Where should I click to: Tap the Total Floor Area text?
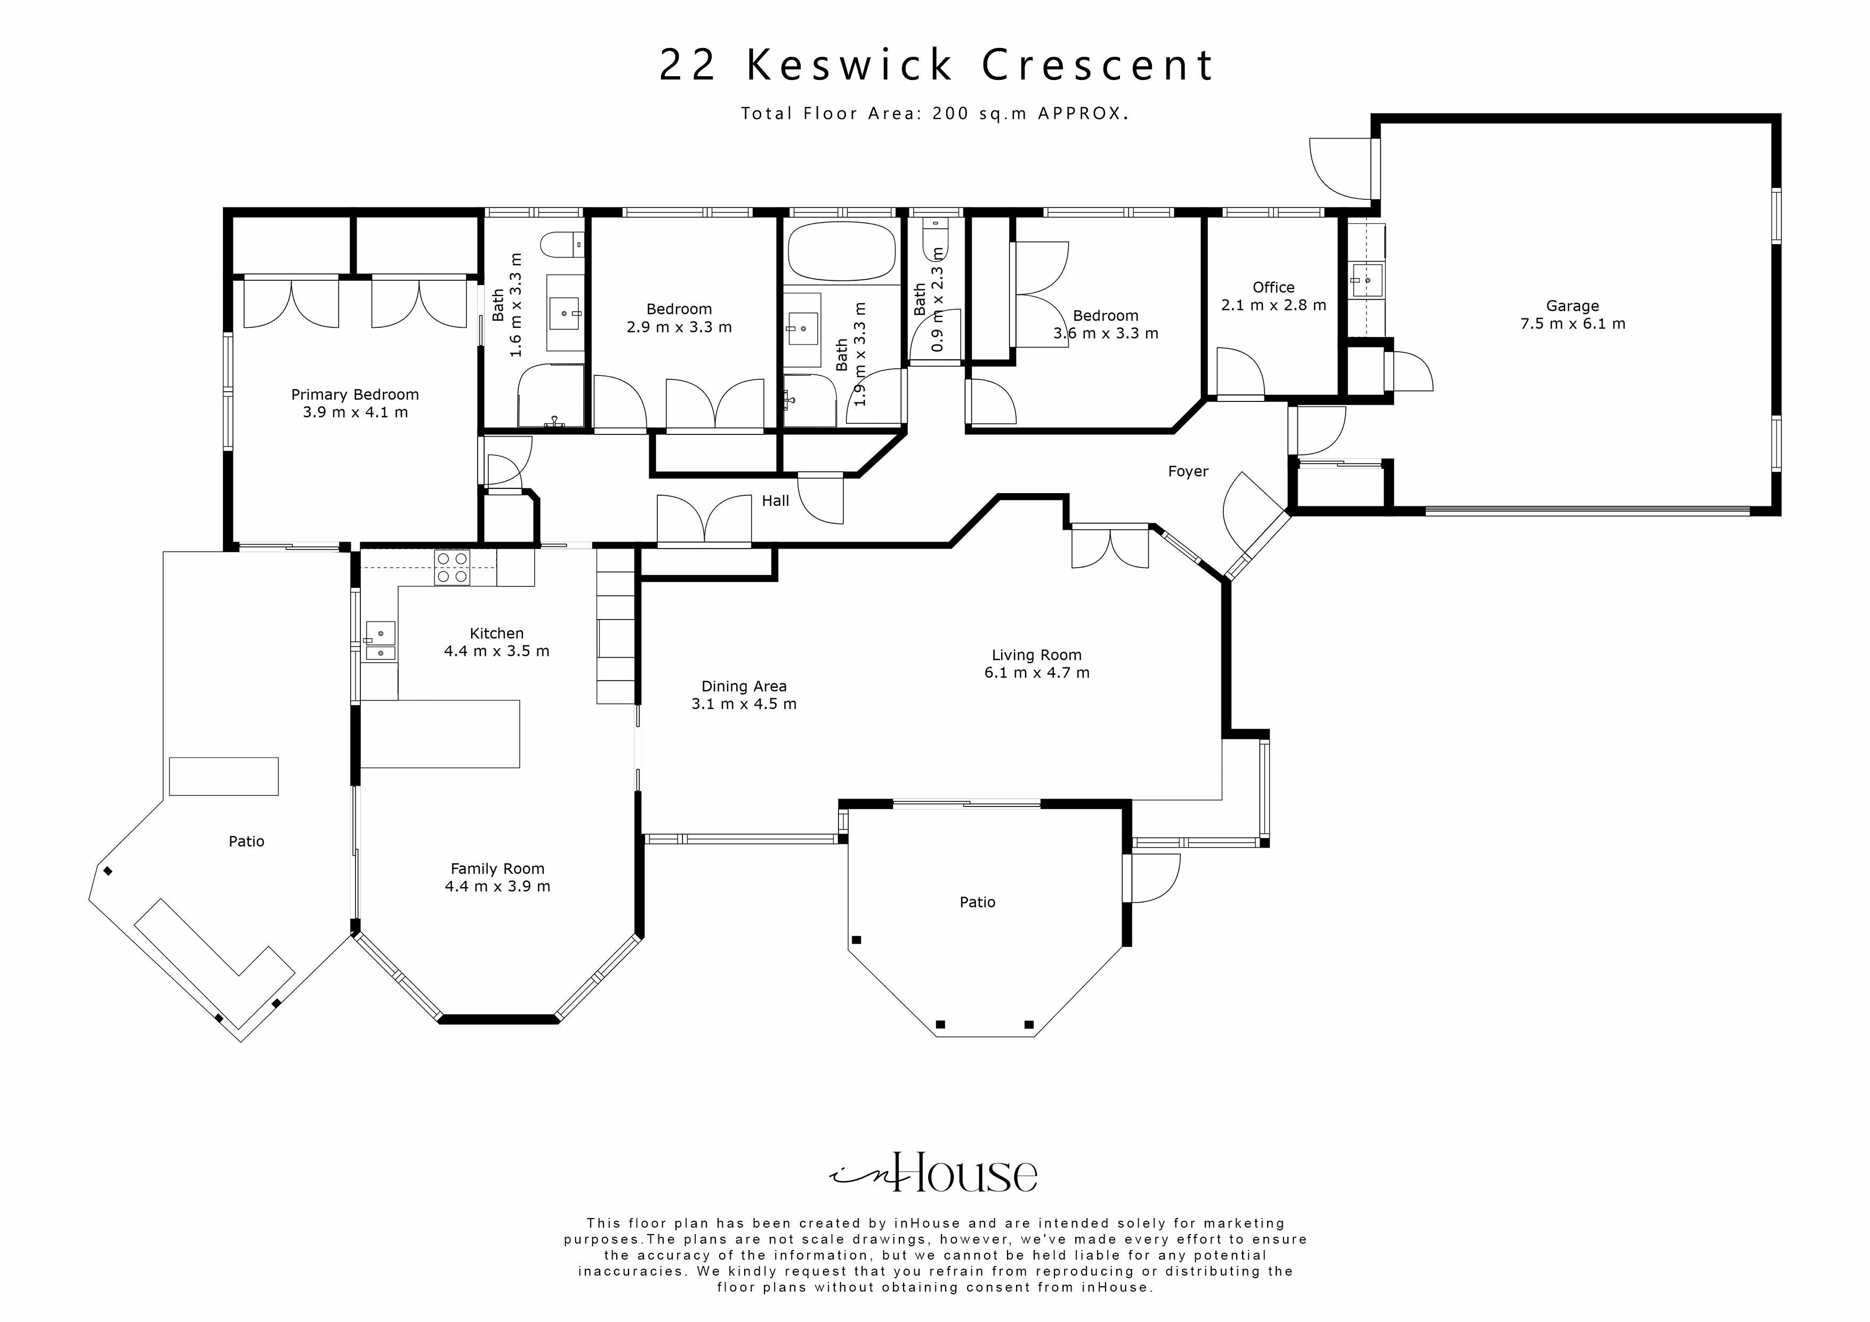(x=933, y=114)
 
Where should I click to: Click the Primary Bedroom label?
(x=355, y=395)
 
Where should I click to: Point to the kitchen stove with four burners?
(x=452, y=567)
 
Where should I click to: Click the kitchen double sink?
(x=381, y=642)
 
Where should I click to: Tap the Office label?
(x=1273, y=287)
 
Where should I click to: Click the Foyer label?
(x=1188, y=472)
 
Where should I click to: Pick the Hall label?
(x=775, y=501)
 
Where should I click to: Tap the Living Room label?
(x=1036, y=655)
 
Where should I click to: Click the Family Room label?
(x=497, y=869)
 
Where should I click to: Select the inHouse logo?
(x=933, y=1173)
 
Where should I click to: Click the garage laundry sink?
(x=1367, y=280)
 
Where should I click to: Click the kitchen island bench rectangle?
(x=440, y=733)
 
